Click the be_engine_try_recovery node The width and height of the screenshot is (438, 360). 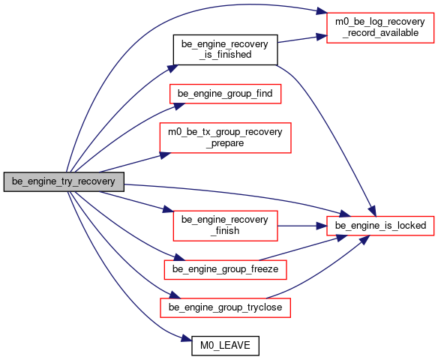pyautogui.click(x=64, y=181)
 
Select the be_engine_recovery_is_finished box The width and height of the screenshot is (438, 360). pyautogui.click(x=225, y=49)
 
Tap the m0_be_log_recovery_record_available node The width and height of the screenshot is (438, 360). pyautogui.click(x=380, y=28)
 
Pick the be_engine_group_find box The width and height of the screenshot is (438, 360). pyautogui.click(x=225, y=94)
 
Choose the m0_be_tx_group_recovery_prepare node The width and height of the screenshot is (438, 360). pyautogui.click(x=225, y=138)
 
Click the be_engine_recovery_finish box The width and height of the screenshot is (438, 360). pyautogui.click(x=225, y=226)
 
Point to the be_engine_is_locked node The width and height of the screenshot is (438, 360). pyautogui.click(x=380, y=226)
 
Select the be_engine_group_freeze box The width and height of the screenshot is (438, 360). pyautogui.click(x=225, y=269)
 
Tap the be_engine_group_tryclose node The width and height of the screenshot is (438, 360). pyautogui.click(x=225, y=307)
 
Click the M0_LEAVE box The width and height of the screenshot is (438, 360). pyautogui.click(x=225, y=346)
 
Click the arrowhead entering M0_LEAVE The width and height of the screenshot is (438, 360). pyautogui.click(x=187, y=339)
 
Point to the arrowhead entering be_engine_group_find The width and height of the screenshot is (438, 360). pyautogui.click(x=179, y=106)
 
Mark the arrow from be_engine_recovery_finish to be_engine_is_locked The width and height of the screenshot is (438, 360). pyautogui.click(x=302, y=226)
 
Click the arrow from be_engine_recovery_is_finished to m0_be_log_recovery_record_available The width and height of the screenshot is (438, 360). pyautogui.click(x=302, y=39)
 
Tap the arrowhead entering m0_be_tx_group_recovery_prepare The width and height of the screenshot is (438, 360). pyautogui.click(x=165, y=155)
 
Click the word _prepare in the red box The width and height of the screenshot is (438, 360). pyautogui.click(x=225, y=143)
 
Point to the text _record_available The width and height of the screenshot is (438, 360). pyautogui.click(x=380, y=33)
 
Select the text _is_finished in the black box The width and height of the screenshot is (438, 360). pyautogui.click(x=225, y=55)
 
